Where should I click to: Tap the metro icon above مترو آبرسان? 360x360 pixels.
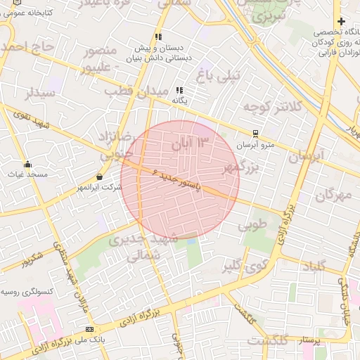pos(256,133)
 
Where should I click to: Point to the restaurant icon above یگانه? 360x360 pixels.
pos(180,90)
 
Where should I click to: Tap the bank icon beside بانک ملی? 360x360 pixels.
pos(89,329)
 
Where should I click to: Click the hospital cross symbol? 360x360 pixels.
pos(340,22)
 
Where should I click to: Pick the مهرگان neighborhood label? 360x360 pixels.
pos(333,195)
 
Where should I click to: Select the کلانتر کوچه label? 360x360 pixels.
pos(272,107)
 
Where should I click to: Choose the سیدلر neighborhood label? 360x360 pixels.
pos(39,93)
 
